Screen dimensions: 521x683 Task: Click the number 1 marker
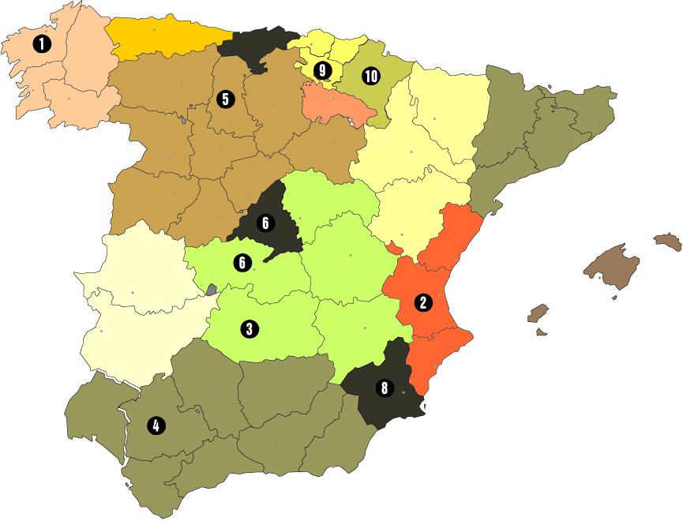coord(39,44)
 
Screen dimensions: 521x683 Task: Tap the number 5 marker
coord(225,99)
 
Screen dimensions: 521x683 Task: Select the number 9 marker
coord(322,70)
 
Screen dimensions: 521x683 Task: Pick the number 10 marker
coord(370,76)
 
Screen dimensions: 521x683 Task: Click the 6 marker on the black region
coord(265,223)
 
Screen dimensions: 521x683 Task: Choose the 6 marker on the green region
coord(242,262)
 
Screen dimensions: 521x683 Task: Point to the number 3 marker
coord(250,328)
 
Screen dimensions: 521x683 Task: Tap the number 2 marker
coord(424,302)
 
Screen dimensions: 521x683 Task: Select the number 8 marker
coord(385,388)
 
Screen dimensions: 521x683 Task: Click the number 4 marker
coord(156,425)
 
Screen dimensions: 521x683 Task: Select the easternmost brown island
coord(668,241)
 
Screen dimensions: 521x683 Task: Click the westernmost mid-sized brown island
coord(539,313)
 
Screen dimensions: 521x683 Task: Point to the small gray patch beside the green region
coord(212,290)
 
